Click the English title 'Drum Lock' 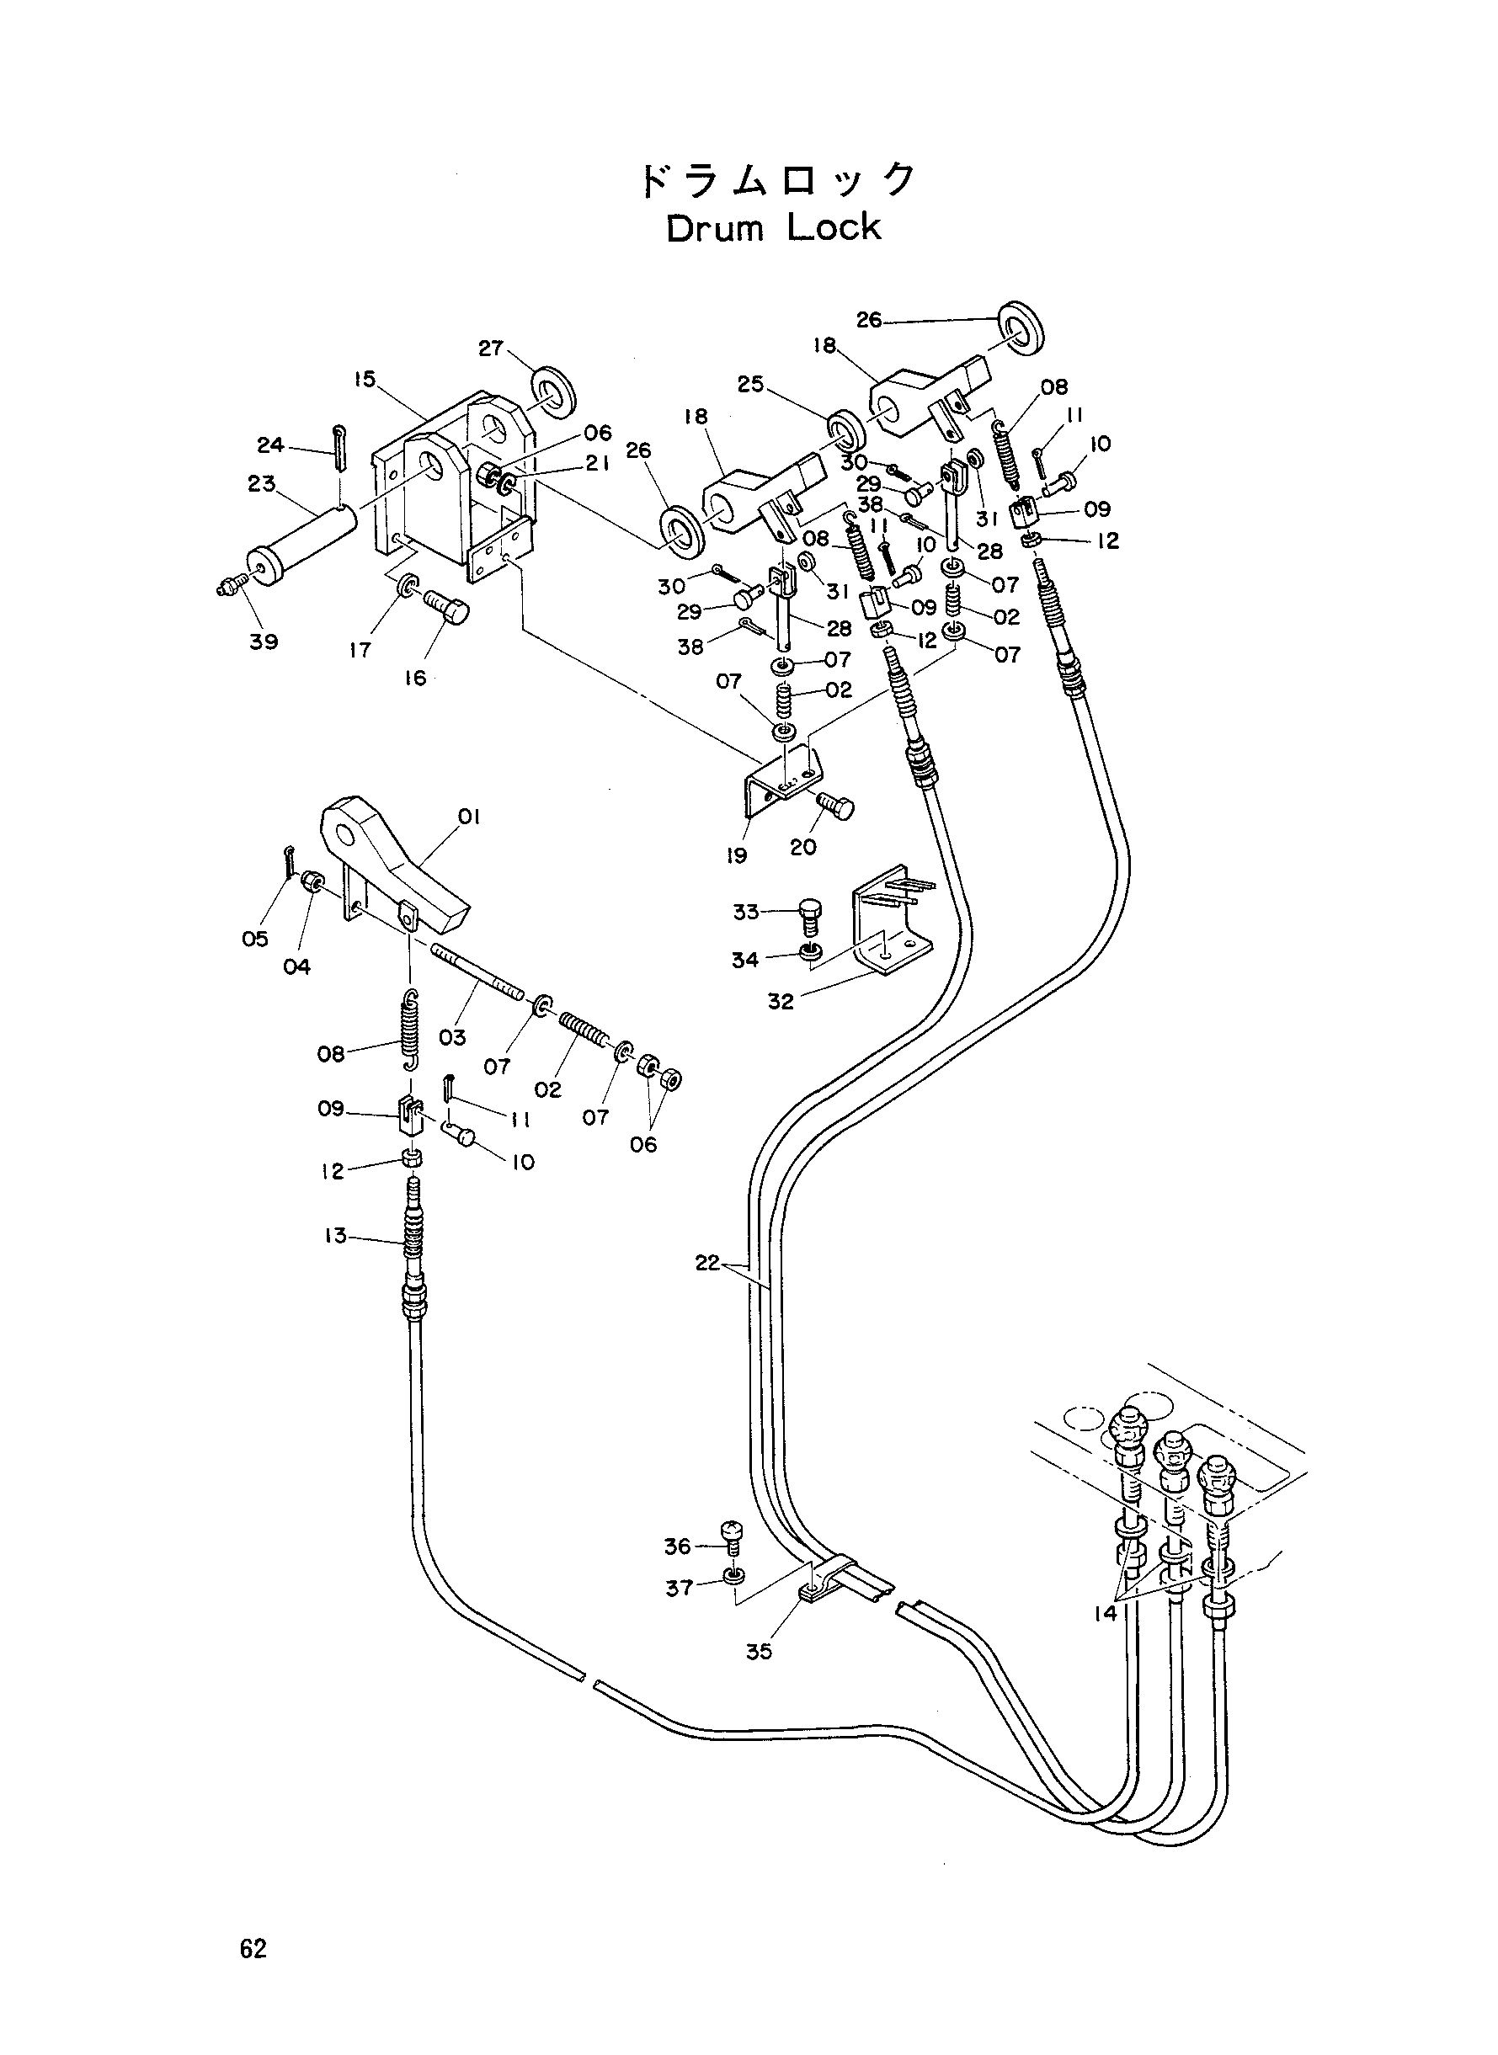(774, 227)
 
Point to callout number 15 (365, 379)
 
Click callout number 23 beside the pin (261, 483)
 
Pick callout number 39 (264, 641)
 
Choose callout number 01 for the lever (469, 817)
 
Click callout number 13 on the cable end (335, 1235)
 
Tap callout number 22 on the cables (707, 1262)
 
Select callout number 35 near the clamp (759, 1652)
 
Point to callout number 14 (1106, 1614)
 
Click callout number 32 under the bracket (781, 1001)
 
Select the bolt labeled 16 (446, 605)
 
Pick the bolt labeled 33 (810, 913)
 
